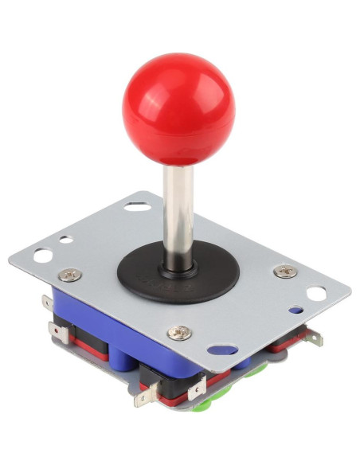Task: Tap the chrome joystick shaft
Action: (178, 211)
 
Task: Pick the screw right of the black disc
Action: (284, 271)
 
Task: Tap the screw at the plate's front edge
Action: (181, 331)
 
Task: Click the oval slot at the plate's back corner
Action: (136, 207)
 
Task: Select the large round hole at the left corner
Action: (43, 256)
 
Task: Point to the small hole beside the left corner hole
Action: (67, 240)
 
